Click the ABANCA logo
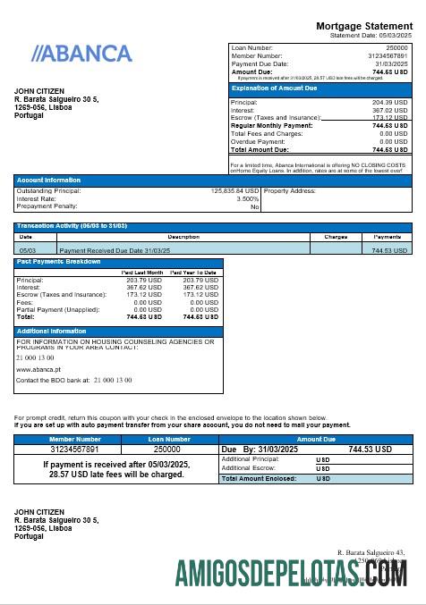81,54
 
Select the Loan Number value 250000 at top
396,46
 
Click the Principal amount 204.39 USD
389,103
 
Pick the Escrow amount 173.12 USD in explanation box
389,118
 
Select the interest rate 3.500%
248,198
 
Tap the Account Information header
48,180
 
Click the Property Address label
290,190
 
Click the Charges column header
336,237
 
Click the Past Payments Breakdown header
59,262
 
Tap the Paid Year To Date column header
193,272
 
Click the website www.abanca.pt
38,368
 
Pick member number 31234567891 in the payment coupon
75,450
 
